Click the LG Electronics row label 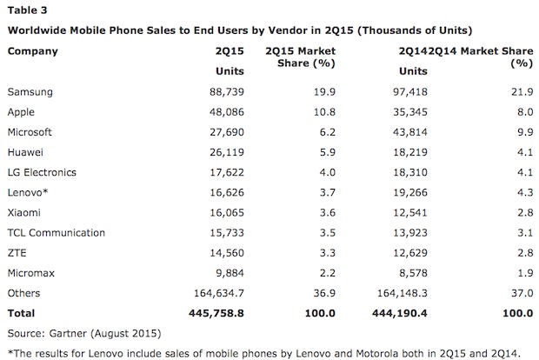(x=43, y=172)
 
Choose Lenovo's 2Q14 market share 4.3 (x=520, y=192)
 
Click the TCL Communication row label (x=55, y=233)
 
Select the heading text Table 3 (x=26, y=10)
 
